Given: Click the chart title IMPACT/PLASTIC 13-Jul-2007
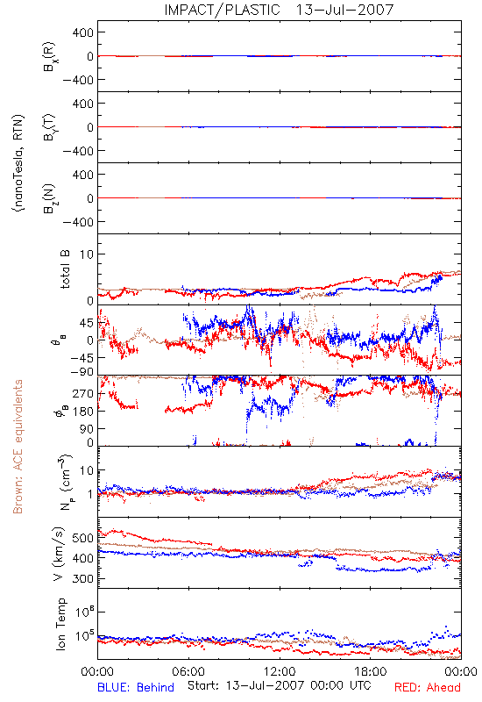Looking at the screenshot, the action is point(279,10).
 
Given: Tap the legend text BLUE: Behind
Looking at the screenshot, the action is point(136,687).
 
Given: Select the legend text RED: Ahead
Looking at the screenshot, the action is point(428,687).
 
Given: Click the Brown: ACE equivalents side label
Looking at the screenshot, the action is point(18,447).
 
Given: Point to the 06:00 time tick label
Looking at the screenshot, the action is point(188,671).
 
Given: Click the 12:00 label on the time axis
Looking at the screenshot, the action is point(280,671).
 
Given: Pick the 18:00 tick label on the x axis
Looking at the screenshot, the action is point(371,671).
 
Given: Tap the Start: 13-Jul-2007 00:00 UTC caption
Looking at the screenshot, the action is point(280,685).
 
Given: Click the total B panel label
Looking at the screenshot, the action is point(65,269).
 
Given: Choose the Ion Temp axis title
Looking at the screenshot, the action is point(60,624).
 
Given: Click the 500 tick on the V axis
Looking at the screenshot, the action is point(82,538).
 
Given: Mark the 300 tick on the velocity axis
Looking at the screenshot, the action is point(82,579).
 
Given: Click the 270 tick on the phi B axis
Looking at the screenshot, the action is point(83,393).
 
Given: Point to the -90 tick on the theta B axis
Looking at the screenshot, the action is point(82,371).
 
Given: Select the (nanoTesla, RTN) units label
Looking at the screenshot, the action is point(18,163).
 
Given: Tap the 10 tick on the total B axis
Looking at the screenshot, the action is point(87,254).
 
